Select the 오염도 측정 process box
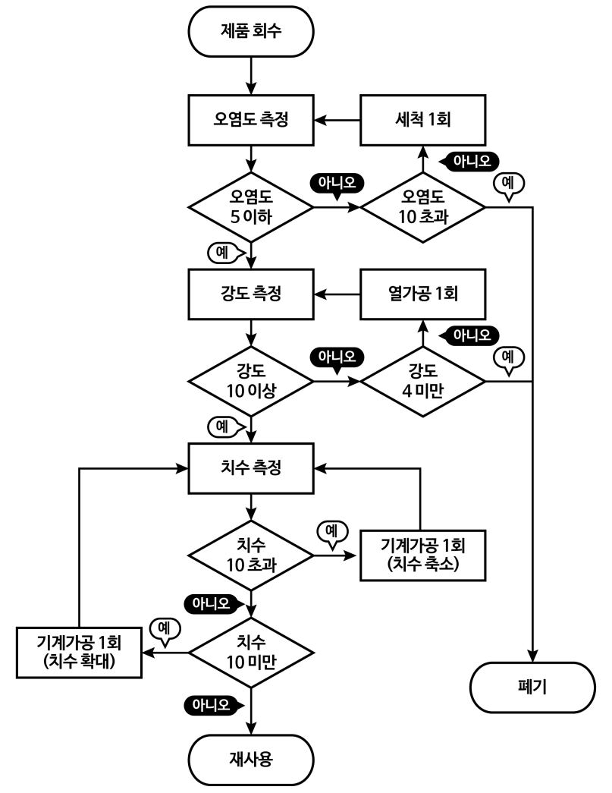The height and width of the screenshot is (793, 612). coord(250,120)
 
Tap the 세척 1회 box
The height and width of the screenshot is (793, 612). coord(422,120)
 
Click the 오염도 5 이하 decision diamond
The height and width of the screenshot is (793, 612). coord(250,206)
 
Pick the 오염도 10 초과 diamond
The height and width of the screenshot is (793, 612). coord(422,206)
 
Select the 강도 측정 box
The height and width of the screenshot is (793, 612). coord(250,293)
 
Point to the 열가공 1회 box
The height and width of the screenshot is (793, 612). coord(422,293)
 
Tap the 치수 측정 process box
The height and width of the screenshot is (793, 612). coord(250,467)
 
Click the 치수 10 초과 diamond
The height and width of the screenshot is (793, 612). coord(250,555)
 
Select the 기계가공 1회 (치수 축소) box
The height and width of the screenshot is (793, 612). coord(422,555)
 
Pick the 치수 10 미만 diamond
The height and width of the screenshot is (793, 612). coord(250,653)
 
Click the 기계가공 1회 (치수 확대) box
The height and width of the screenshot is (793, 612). coord(80,653)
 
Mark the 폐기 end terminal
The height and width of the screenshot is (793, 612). coord(531,689)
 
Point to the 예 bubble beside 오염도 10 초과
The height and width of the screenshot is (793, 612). coord(509,184)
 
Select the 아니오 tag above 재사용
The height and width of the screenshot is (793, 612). coord(213,705)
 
